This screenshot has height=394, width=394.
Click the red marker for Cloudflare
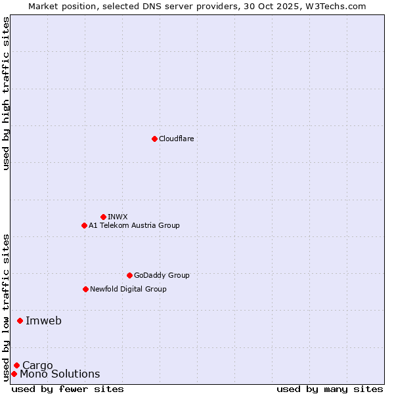pos(154,139)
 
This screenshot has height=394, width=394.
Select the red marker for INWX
pos(103,217)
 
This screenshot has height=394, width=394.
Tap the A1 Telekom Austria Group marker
pos(84,225)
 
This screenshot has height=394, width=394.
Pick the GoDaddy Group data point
pos(129,275)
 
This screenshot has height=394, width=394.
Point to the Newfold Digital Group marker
pos(85,289)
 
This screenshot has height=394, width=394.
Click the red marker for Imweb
pos(20,320)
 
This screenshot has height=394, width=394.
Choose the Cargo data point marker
pos(16,365)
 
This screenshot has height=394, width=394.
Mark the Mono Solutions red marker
pos(14,374)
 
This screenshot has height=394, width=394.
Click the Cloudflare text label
pos(176,139)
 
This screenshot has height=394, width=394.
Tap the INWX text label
pos(118,217)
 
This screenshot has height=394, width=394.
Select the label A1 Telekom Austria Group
pos(134,225)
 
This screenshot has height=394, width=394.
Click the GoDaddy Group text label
pos(162,275)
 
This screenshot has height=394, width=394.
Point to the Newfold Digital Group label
pos(128,289)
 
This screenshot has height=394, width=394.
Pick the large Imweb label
pos(43,320)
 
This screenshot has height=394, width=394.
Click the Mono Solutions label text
pos(60,374)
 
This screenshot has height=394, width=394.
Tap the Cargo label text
pos(37,366)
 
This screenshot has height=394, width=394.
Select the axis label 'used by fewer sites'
pos(68,389)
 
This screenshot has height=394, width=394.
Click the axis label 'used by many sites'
pos(330,389)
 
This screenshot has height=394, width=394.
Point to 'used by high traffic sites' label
pos(6,93)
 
